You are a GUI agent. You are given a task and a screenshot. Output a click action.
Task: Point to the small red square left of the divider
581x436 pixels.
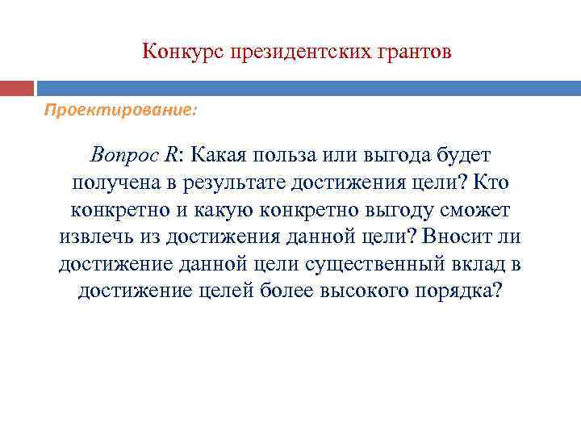pos(16,88)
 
